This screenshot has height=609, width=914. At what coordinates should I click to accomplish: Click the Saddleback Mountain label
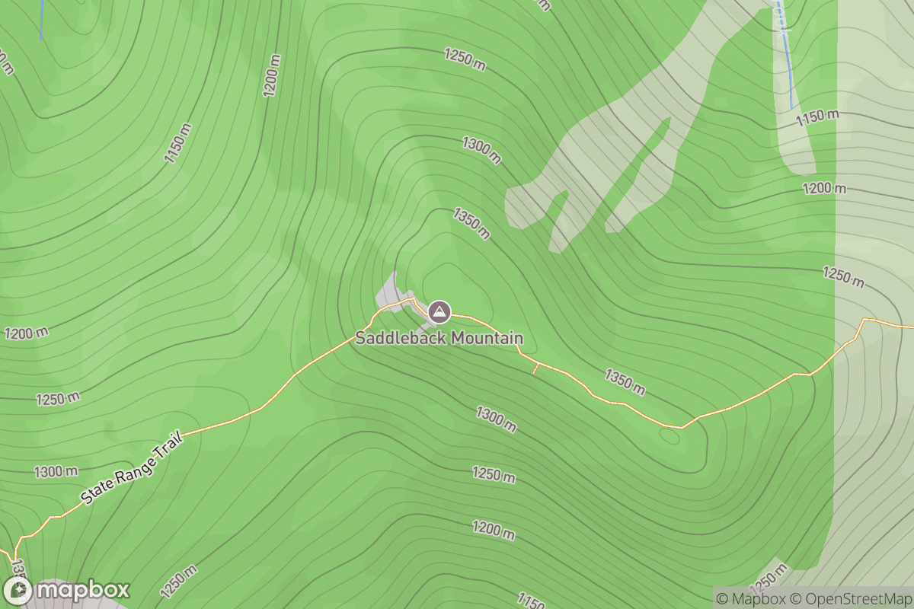(x=439, y=338)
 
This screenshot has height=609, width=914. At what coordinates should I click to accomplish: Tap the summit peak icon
(x=439, y=311)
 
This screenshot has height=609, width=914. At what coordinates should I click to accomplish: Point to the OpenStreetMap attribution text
(x=850, y=598)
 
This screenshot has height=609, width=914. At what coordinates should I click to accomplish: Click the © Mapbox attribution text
(x=750, y=598)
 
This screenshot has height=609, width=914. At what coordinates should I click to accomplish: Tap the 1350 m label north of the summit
(x=471, y=223)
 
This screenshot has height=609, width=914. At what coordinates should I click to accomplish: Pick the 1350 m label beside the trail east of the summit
(x=625, y=382)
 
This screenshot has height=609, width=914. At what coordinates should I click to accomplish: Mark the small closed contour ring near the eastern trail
(x=670, y=435)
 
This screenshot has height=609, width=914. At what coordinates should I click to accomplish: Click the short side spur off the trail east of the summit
(x=535, y=368)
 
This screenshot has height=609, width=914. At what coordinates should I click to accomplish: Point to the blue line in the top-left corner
(x=41, y=19)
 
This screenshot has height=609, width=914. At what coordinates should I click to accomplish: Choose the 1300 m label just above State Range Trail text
(x=56, y=472)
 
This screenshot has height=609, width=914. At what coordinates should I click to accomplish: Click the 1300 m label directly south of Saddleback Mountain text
(x=496, y=419)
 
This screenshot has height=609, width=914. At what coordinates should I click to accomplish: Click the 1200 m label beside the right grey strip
(x=823, y=188)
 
